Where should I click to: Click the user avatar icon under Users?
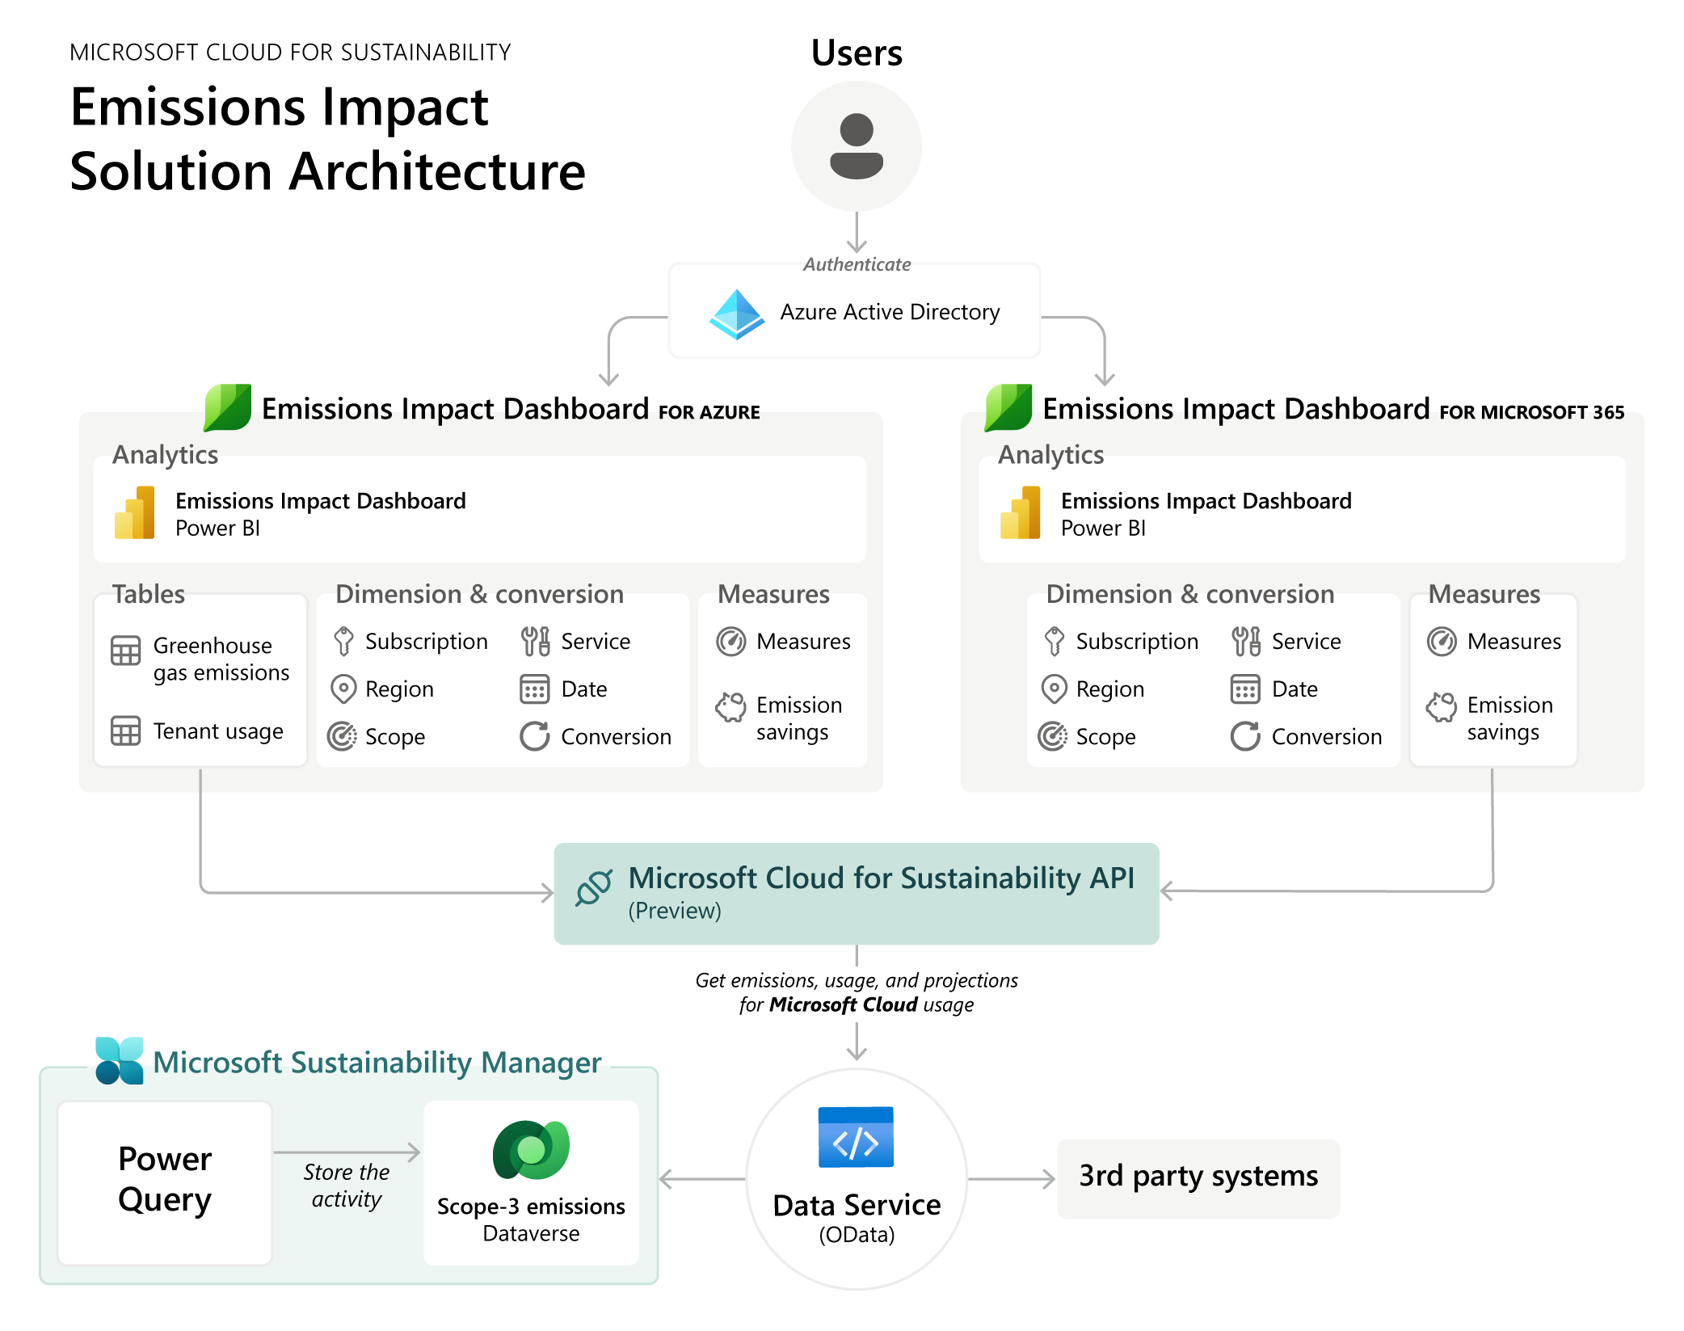(857, 146)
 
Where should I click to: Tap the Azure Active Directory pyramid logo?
(736, 314)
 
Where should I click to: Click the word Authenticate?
(857, 264)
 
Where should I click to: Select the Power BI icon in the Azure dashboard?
(135, 512)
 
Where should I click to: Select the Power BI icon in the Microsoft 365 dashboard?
(1021, 512)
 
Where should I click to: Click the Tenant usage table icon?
(125, 731)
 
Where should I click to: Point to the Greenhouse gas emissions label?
(221, 659)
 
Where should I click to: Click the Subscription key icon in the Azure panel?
(343, 641)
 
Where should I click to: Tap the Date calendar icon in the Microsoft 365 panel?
(1245, 689)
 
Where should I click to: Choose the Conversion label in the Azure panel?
(616, 736)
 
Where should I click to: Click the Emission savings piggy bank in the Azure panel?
(730, 706)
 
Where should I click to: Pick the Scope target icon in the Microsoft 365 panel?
(1053, 736)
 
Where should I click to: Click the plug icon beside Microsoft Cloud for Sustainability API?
(594, 887)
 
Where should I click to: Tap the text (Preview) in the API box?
(675, 911)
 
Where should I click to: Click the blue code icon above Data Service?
(856, 1137)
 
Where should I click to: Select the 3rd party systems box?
(1198, 1177)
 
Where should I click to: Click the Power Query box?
(165, 1180)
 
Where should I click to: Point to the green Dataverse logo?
(531, 1149)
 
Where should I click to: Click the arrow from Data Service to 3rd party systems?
(1012, 1179)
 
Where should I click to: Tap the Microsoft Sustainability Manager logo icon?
(120, 1060)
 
